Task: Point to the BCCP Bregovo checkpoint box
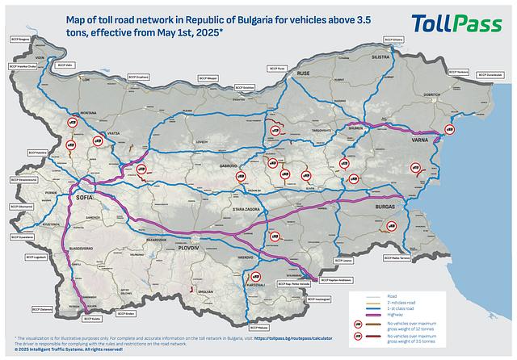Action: pos(20,39)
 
